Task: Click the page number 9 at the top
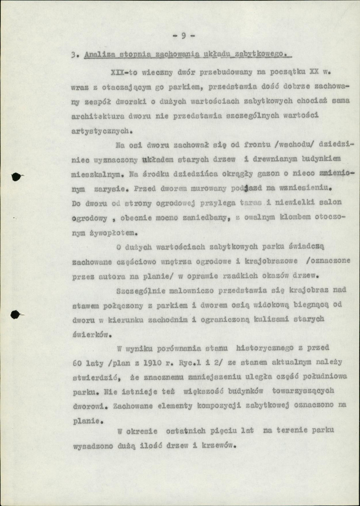tap(184, 36)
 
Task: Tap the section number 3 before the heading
tap(74, 55)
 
